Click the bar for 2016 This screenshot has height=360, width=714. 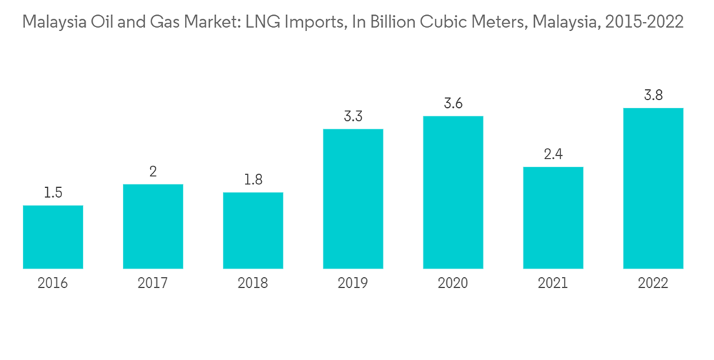[x=53, y=237]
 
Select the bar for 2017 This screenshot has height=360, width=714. [x=153, y=226]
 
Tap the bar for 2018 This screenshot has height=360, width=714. [x=253, y=231]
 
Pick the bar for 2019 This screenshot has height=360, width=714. [x=353, y=199]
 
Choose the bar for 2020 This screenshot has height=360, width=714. [x=453, y=193]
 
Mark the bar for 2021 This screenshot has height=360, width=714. [x=553, y=218]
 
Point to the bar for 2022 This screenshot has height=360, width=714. [x=653, y=189]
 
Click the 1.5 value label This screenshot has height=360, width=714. [x=53, y=193]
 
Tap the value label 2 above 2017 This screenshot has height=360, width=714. [x=153, y=171]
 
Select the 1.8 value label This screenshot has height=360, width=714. [x=253, y=180]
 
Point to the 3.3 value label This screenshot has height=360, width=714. [x=353, y=116]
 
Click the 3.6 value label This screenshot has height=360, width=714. [x=453, y=104]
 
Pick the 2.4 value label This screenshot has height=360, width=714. [x=553, y=154]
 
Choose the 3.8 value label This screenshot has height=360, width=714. [x=653, y=95]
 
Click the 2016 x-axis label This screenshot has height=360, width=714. [x=53, y=284]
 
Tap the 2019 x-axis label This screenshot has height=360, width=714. [x=353, y=284]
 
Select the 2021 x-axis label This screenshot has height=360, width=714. [x=553, y=284]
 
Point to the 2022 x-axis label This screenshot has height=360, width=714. [x=653, y=284]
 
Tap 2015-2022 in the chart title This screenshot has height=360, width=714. [x=643, y=23]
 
